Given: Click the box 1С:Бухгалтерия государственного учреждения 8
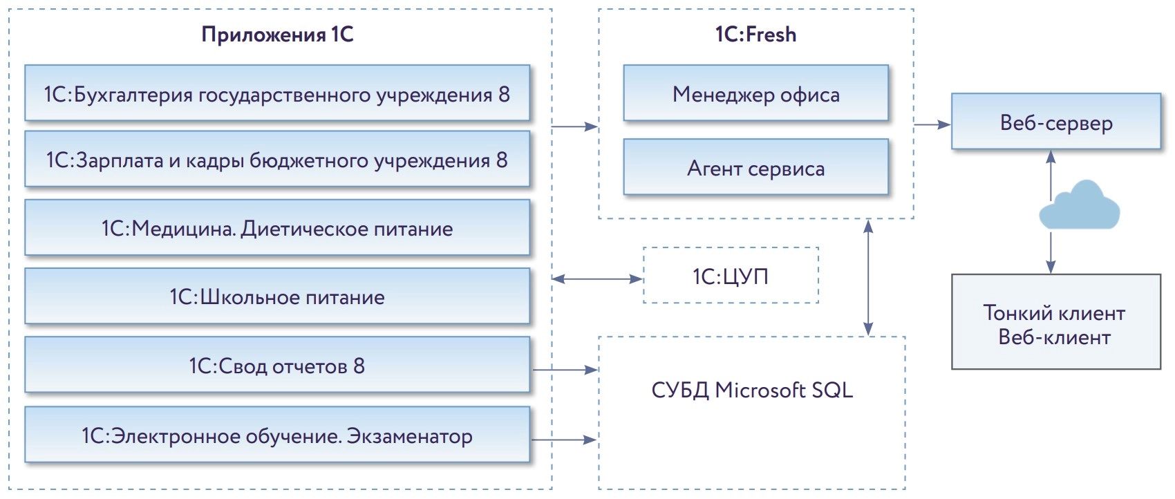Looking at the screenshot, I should pyautogui.click(x=276, y=94).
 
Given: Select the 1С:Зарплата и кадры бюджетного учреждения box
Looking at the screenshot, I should pyautogui.click(x=276, y=160).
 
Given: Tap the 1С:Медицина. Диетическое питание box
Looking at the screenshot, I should pyautogui.click(x=276, y=228).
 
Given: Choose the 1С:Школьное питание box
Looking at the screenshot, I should pyautogui.click(x=276, y=297).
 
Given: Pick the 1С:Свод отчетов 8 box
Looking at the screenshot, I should pyautogui.click(x=276, y=366).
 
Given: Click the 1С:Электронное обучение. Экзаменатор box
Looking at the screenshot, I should pyautogui.click(x=276, y=436).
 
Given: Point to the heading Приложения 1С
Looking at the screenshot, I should pyautogui.click(x=277, y=35).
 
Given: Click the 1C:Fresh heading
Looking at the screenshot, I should pyautogui.click(x=755, y=35).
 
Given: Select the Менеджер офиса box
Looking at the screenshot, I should pyautogui.click(x=755, y=94).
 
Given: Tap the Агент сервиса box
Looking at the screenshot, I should pyautogui.click(x=755, y=168).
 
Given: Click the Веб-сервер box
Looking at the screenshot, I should pyautogui.click(x=1055, y=122).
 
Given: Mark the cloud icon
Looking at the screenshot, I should pyautogui.click(x=1079, y=206).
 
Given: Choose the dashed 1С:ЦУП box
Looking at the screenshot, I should pyautogui.click(x=731, y=276).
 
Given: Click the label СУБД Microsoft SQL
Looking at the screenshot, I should pyautogui.click(x=752, y=390).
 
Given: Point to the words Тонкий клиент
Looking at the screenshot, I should pyautogui.click(x=1054, y=313).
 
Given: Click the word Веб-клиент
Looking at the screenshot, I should pyautogui.click(x=1054, y=337).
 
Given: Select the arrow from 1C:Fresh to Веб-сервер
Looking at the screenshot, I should pyautogui.click(x=932, y=125).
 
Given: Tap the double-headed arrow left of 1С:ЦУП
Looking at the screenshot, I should pyautogui.click(x=597, y=279).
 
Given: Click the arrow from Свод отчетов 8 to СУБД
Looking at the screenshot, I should pyautogui.click(x=565, y=370).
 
